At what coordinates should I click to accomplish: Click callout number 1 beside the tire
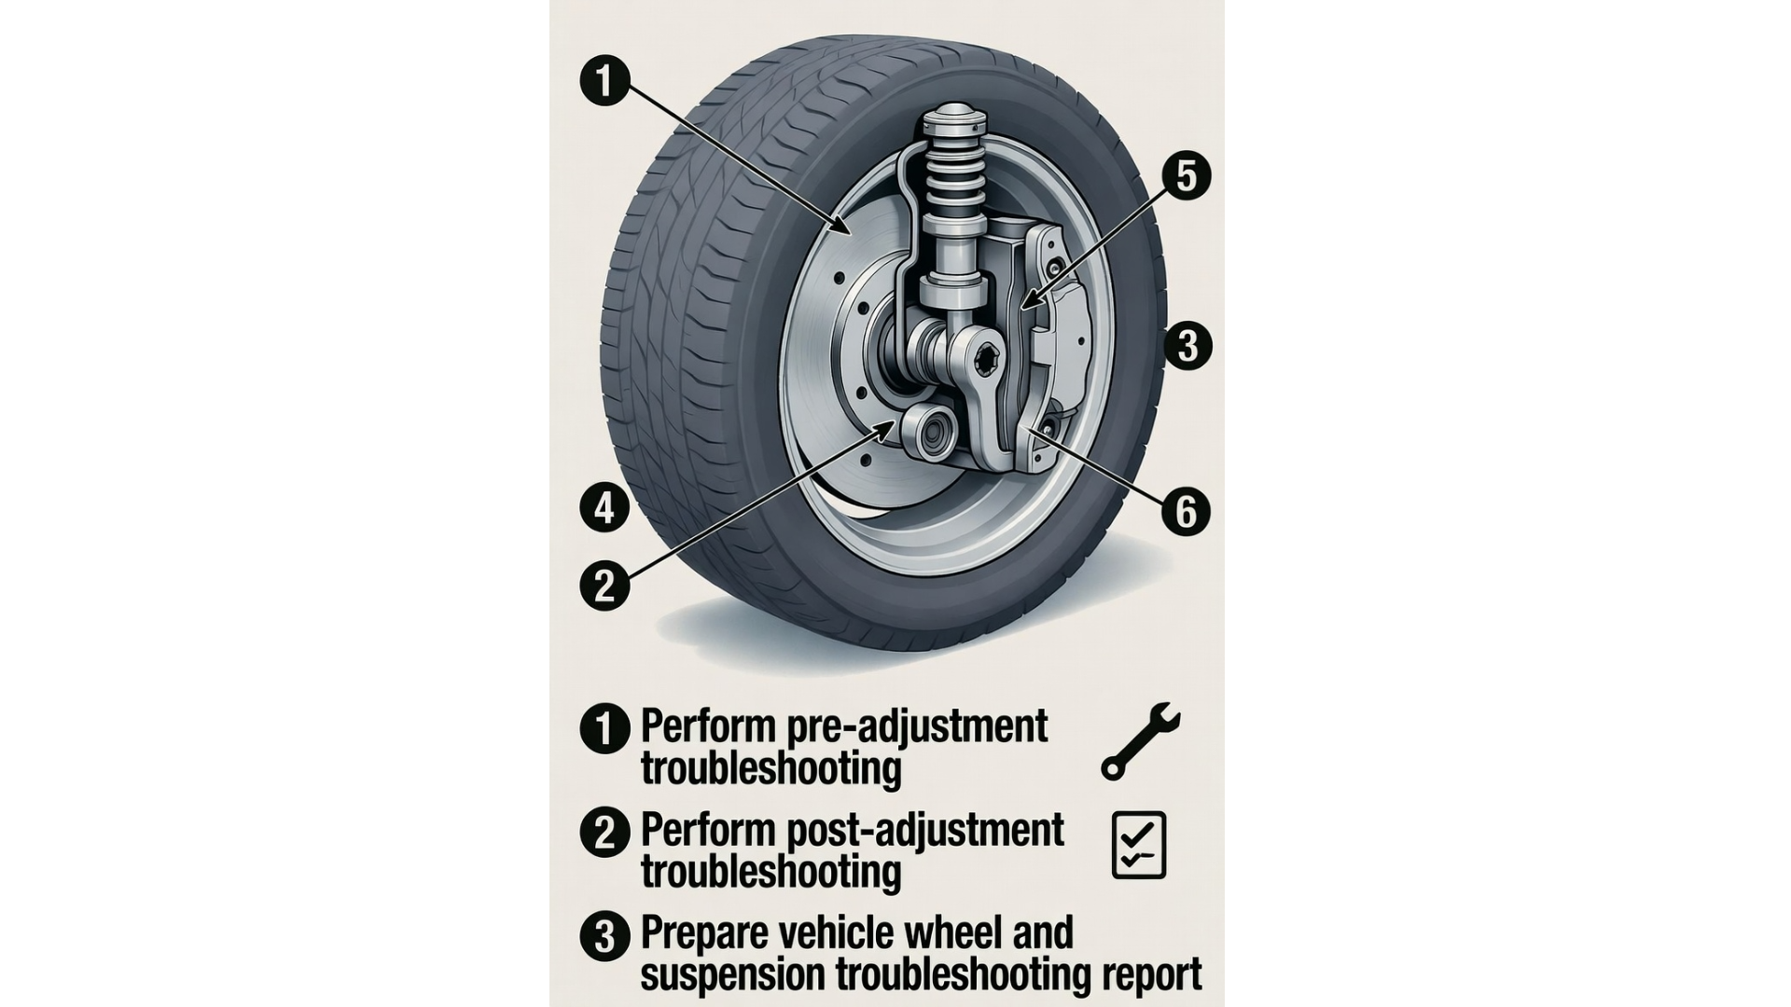605,80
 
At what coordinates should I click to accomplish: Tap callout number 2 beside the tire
605,586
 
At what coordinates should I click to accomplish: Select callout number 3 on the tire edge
1187,346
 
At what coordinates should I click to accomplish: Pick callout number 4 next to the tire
605,509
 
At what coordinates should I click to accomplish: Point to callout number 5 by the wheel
1187,176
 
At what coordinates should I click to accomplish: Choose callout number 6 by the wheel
1187,511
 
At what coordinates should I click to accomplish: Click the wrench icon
1140,741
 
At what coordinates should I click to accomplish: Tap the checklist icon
1139,845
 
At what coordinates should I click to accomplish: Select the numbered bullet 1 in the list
604,728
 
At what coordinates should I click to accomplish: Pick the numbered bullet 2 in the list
604,832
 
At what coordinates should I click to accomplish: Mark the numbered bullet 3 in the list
604,935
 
